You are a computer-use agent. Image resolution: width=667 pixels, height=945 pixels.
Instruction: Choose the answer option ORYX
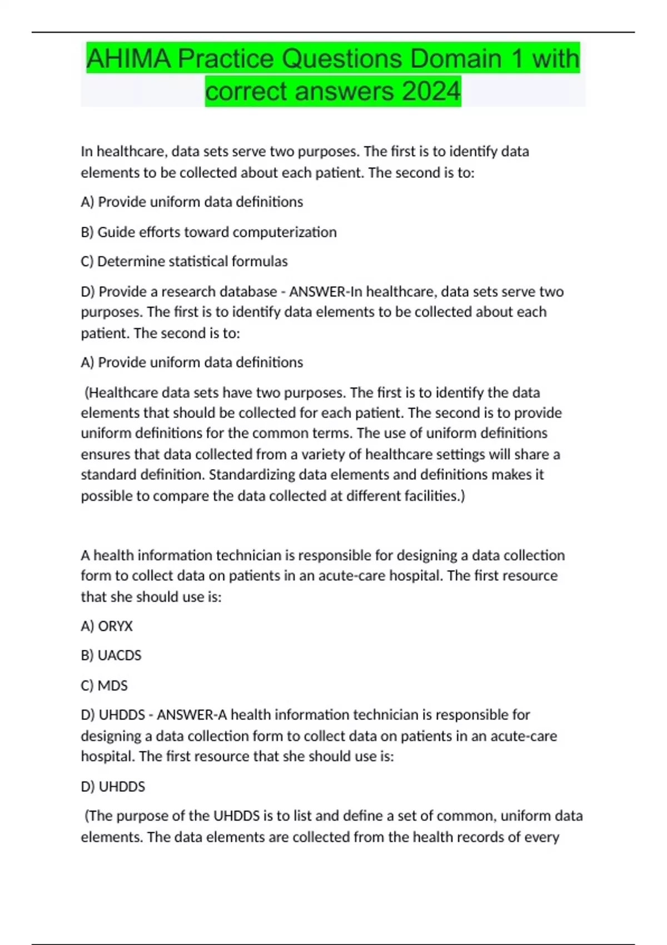[x=115, y=626]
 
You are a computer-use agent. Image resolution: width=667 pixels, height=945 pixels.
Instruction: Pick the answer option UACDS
[x=120, y=655]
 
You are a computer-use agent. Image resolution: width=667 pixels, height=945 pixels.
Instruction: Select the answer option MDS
[x=112, y=685]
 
